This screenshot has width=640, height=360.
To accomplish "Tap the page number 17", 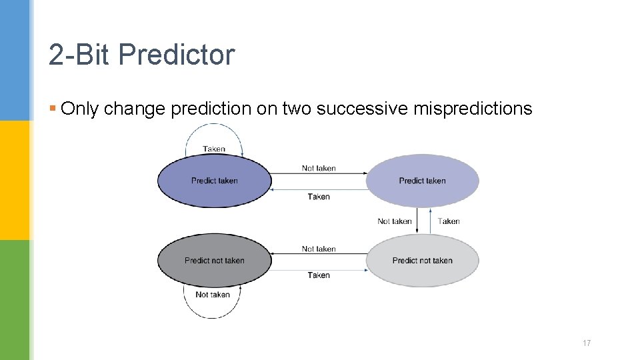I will pyautogui.click(x=587, y=343).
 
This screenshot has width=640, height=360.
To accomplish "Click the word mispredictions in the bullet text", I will pyautogui.click(x=473, y=109).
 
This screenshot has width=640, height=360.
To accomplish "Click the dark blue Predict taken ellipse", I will pyautogui.click(x=214, y=181).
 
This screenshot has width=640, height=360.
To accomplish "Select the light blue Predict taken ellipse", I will pyautogui.click(x=422, y=181).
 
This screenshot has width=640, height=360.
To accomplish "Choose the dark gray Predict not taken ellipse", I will pyautogui.click(x=214, y=261).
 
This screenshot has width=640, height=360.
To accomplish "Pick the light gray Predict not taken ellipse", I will pyautogui.click(x=422, y=261).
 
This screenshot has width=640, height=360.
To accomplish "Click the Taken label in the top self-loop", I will pyautogui.click(x=214, y=149).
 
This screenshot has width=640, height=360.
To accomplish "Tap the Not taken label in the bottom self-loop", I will pyautogui.click(x=213, y=295).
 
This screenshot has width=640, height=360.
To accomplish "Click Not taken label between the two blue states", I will pyautogui.click(x=319, y=168).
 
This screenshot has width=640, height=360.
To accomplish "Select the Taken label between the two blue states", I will pyautogui.click(x=319, y=197).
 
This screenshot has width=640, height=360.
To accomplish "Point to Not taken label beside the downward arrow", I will pyautogui.click(x=394, y=221).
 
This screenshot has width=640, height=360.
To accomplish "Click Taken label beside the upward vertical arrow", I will pyautogui.click(x=449, y=221).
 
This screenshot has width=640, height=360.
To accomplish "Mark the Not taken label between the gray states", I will pyautogui.click(x=319, y=249).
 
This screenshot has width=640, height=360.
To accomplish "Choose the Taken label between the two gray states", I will pyautogui.click(x=319, y=275).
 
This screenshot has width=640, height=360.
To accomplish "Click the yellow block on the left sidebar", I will pyautogui.click(x=15, y=180).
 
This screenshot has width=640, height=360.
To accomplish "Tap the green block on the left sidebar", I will pyautogui.click(x=15, y=300).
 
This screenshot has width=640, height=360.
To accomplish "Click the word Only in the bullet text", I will pyautogui.click(x=79, y=109).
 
